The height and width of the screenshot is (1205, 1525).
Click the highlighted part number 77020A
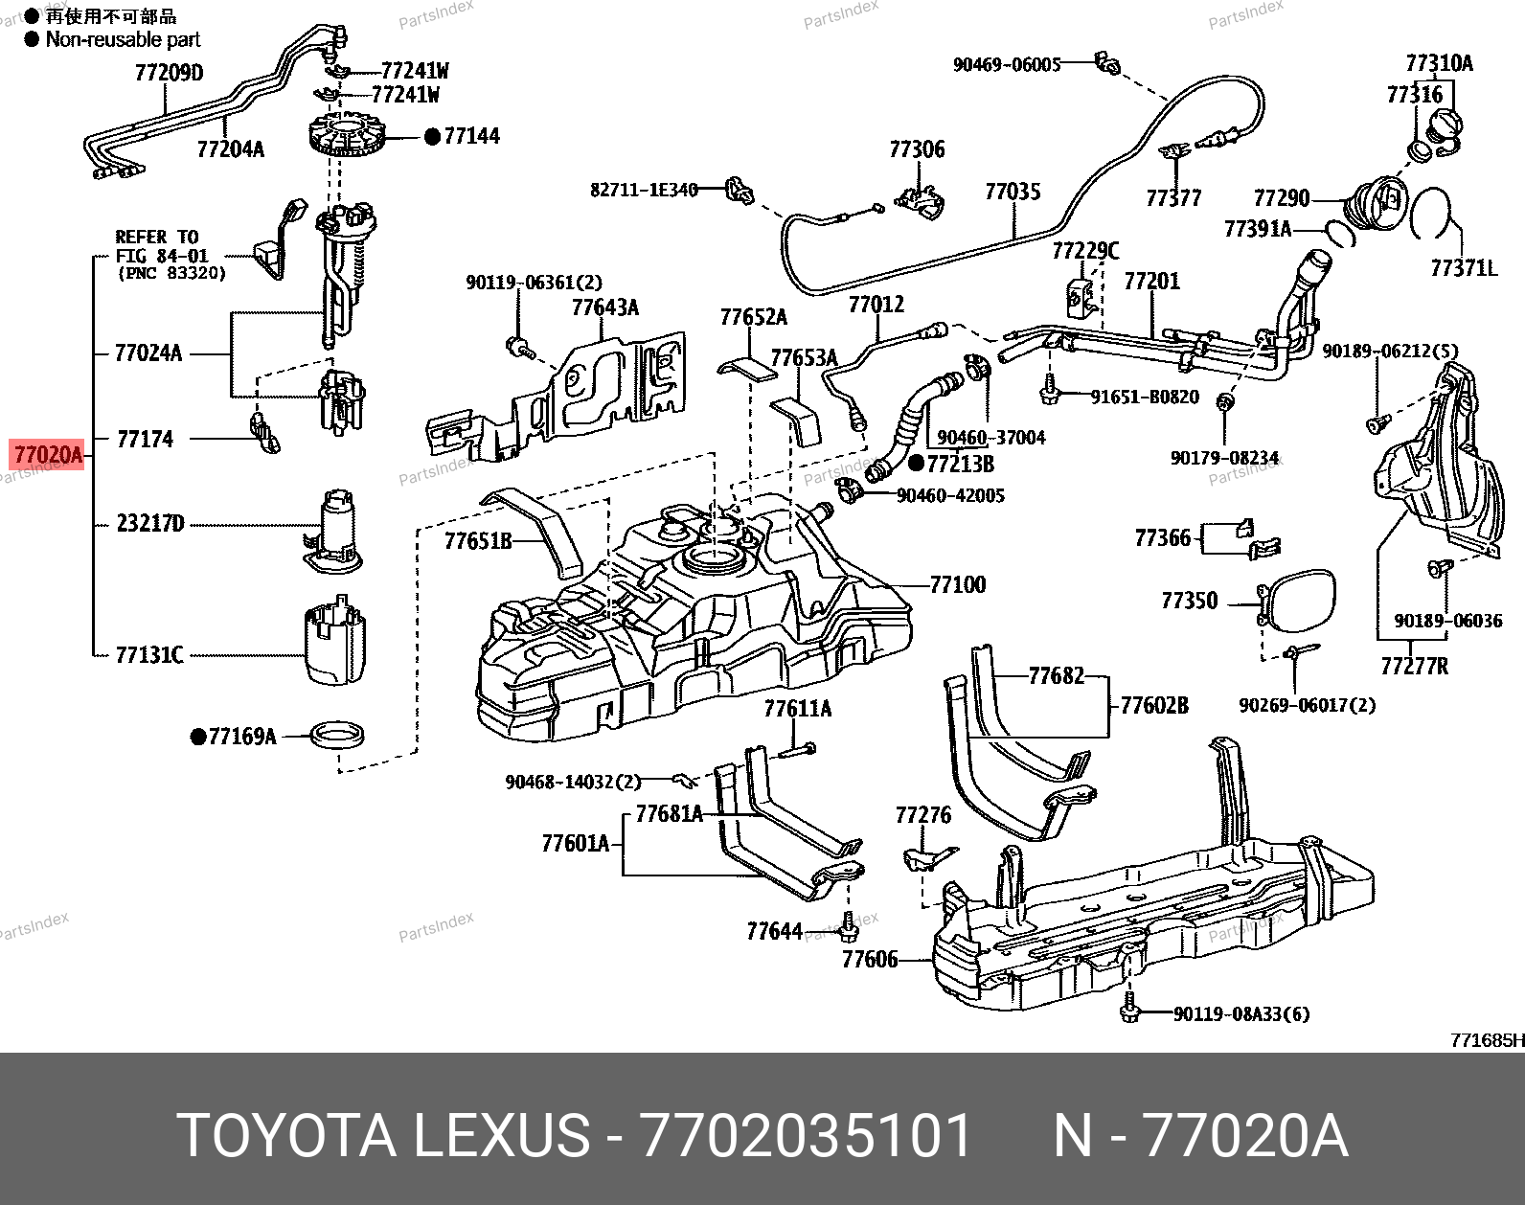click(x=48, y=454)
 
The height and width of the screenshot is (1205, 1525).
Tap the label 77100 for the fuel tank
click(x=957, y=584)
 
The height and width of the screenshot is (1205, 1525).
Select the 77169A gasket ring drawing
click(x=337, y=736)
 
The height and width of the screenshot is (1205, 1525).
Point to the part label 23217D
click(x=149, y=524)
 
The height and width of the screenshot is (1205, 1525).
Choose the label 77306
click(x=917, y=149)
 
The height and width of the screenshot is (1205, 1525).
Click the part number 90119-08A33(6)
click(x=1240, y=1013)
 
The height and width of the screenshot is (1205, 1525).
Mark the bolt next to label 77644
click(x=847, y=925)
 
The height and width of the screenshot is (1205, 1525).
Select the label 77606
click(x=870, y=959)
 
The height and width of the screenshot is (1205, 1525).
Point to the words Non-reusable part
click(x=123, y=39)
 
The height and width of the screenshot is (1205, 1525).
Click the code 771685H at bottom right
click(x=1487, y=1040)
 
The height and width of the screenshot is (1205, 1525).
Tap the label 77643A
click(x=604, y=307)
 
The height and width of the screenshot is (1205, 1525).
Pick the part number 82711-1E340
click(x=644, y=190)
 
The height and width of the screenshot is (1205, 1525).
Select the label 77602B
click(x=1153, y=706)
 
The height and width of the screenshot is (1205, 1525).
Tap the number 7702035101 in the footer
click(x=806, y=1136)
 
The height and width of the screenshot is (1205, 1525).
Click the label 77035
click(x=1013, y=192)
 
